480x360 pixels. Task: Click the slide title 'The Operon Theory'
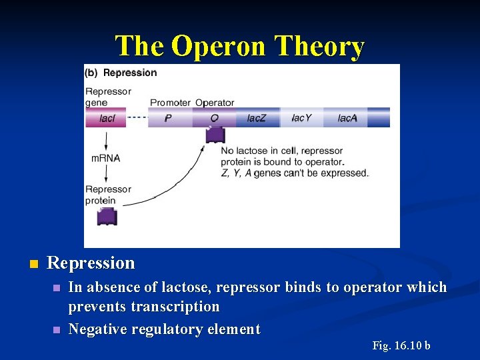pos(240,47)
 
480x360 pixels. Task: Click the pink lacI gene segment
pos(106,118)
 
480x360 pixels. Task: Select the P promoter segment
pos(169,118)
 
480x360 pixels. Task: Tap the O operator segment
pos(214,118)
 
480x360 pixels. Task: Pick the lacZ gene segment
pos(257,118)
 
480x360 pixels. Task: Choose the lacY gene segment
pos(301,118)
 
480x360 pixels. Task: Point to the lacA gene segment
pos(347,118)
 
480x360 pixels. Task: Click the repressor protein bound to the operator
pos(215,135)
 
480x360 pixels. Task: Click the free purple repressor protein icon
pos(107,216)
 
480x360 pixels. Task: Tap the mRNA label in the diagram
pos(105,158)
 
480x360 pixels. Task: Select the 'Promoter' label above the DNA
pos(170,103)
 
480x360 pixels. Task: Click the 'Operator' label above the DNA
pos(215,103)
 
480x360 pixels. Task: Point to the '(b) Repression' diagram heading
pos(121,72)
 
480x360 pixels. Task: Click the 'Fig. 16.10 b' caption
pos(401,345)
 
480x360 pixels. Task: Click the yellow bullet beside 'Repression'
pos(32,264)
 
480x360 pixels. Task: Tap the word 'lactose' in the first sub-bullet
pos(168,287)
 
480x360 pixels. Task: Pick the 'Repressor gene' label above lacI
pos(108,97)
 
